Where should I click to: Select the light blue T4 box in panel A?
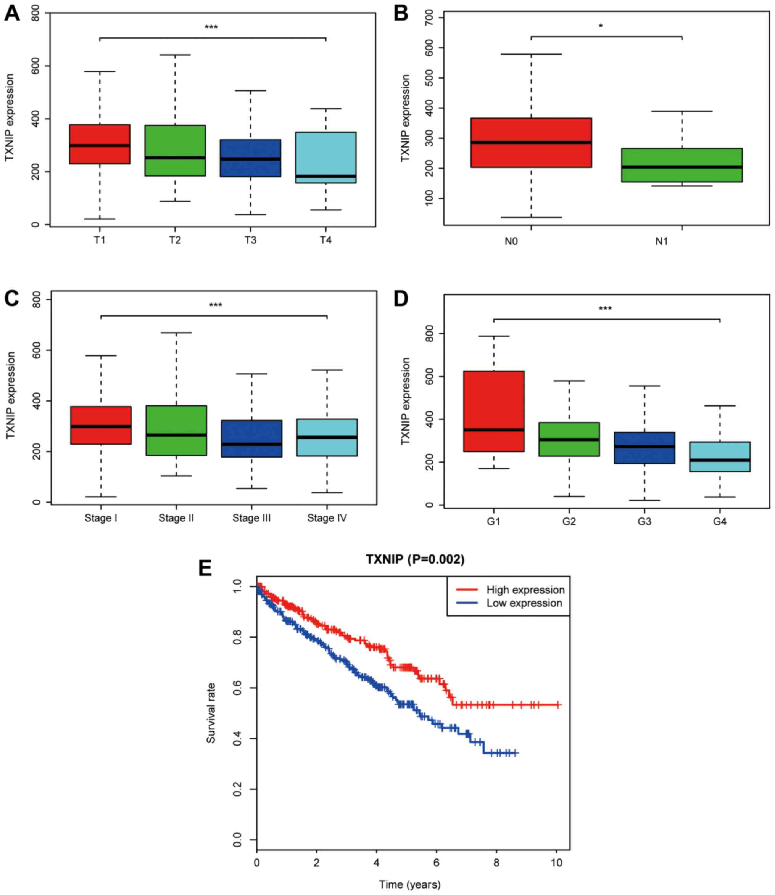(x=325, y=157)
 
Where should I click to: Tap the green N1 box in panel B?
(x=682, y=165)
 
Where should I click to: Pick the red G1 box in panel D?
(x=493, y=411)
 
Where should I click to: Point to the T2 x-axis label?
(x=175, y=240)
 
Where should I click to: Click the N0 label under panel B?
(x=511, y=241)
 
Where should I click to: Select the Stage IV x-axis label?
(x=327, y=518)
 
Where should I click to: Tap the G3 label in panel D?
(x=644, y=522)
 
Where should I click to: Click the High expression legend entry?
(x=525, y=590)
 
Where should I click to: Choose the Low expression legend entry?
(x=524, y=603)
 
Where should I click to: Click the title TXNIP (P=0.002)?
(x=415, y=559)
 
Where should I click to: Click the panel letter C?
(x=12, y=298)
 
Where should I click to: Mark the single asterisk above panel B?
(x=601, y=26)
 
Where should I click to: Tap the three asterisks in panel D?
(x=605, y=309)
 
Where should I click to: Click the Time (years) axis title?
(x=409, y=884)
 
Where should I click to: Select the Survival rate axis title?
(x=211, y=713)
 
